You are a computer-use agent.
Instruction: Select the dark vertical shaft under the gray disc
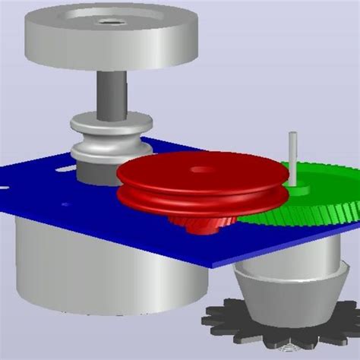[112, 91]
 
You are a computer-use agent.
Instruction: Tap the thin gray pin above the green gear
[291, 156]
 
